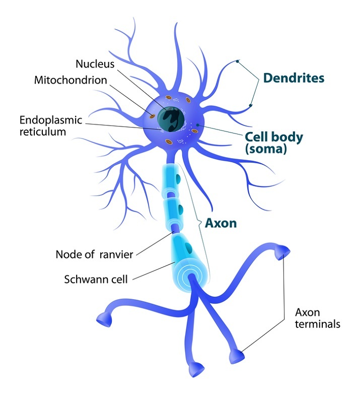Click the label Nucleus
[95, 64]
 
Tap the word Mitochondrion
[70, 80]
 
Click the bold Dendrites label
[294, 78]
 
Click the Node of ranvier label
[94, 254]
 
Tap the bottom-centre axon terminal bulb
[196, 370]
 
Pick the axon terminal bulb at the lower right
[236, 357]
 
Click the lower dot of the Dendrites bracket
[250, 106]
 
